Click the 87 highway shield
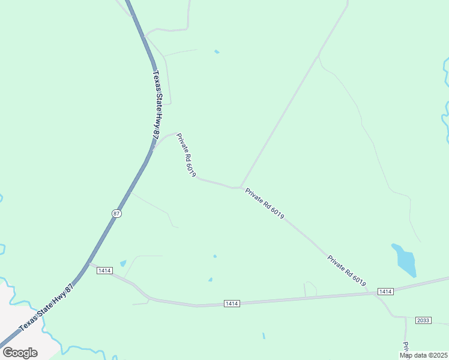click(116, 214)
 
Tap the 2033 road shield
click(423, 320)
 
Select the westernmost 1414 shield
click(104, 271)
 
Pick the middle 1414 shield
click(232, 304)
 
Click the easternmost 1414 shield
click(385, 292)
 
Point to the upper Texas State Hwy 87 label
click(157, 107)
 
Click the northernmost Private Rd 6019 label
click(186, 155)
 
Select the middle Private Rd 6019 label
click(264, 203)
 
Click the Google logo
click(20, 353)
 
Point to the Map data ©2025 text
click(424, 355)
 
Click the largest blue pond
click(404, 260)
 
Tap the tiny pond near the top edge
click(217, 52)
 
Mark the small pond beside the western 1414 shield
click(123, 263)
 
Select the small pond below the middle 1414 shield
click(264, 335)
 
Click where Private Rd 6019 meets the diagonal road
click(241, 188)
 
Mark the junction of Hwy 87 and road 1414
click(89, 263)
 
